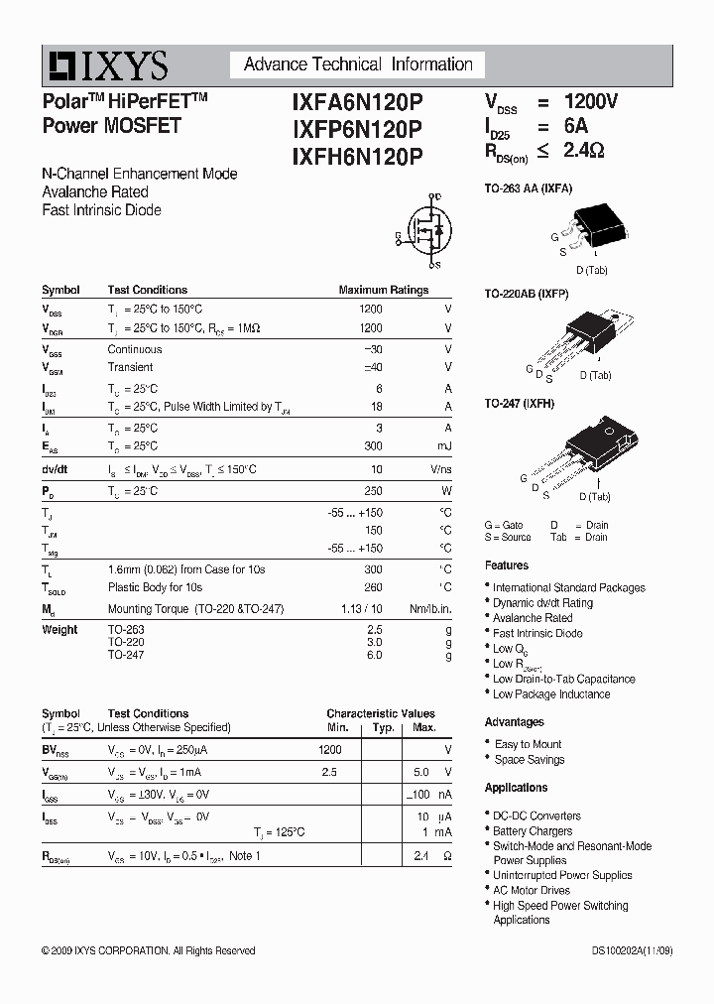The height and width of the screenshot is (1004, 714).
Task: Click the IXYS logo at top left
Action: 105,65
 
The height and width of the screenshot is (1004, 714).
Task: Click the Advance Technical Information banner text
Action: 358,64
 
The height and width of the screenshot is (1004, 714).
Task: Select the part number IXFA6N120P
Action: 357,101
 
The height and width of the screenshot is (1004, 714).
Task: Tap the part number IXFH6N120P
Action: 357,156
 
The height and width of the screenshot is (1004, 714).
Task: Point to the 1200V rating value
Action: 591,101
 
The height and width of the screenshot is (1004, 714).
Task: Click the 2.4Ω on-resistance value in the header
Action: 583,151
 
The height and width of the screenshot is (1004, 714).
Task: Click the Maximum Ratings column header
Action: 384,291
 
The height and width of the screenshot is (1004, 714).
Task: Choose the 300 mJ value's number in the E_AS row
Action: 373,446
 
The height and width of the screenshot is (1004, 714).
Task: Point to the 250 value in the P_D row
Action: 373,491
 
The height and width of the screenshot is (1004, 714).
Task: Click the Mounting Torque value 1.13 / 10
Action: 362,609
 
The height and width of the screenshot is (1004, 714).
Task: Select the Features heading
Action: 507,565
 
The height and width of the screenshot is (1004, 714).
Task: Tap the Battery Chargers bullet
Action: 533,831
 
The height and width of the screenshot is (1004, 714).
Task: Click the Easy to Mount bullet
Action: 528,744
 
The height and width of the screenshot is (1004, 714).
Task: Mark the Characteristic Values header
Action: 381,713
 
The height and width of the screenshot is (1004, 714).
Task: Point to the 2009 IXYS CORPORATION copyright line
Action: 149,950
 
